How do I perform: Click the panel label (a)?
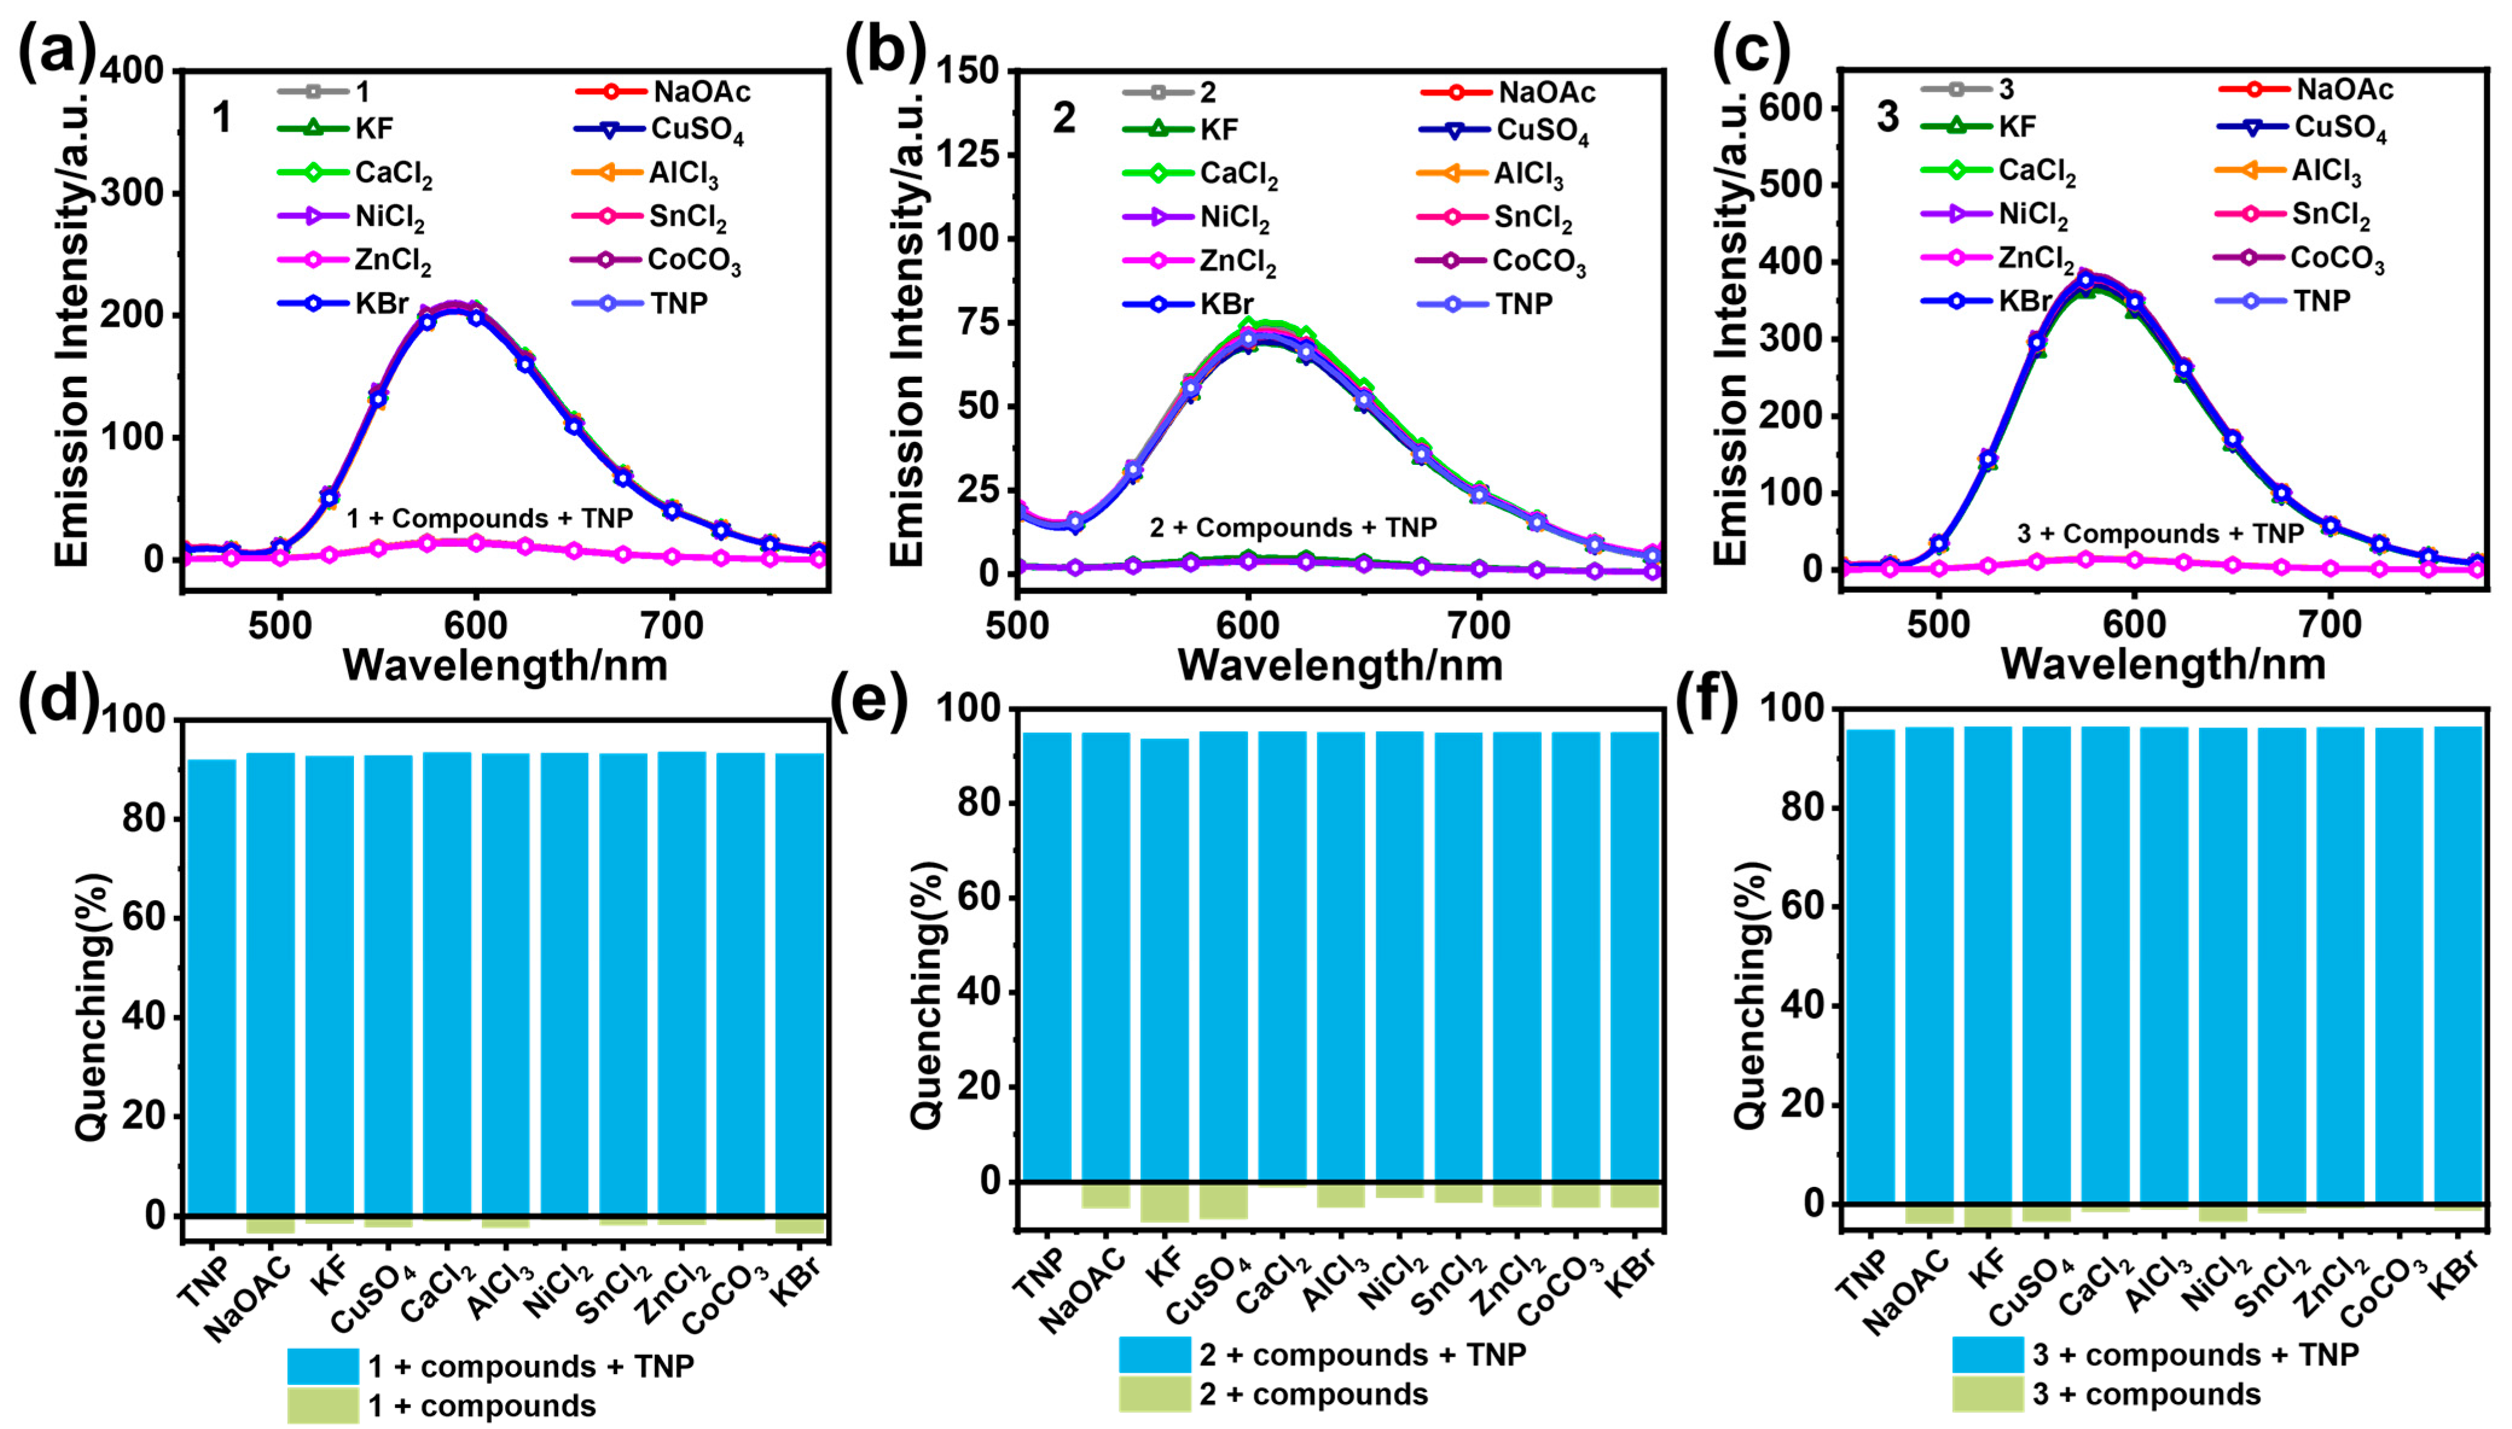(x=57, y=49)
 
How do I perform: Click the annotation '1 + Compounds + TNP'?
(x=489, y=518)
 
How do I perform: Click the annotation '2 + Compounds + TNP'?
(x=1293, y=528)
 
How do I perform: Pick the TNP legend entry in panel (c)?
(x=2322, y=300)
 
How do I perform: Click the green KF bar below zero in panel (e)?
(x=1164, y=1201)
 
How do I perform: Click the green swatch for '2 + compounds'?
(x=1154, y=1393)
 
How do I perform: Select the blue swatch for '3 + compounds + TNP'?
(x=1987, y=1354)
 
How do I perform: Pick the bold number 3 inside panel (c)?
(x=1887, y=118)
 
